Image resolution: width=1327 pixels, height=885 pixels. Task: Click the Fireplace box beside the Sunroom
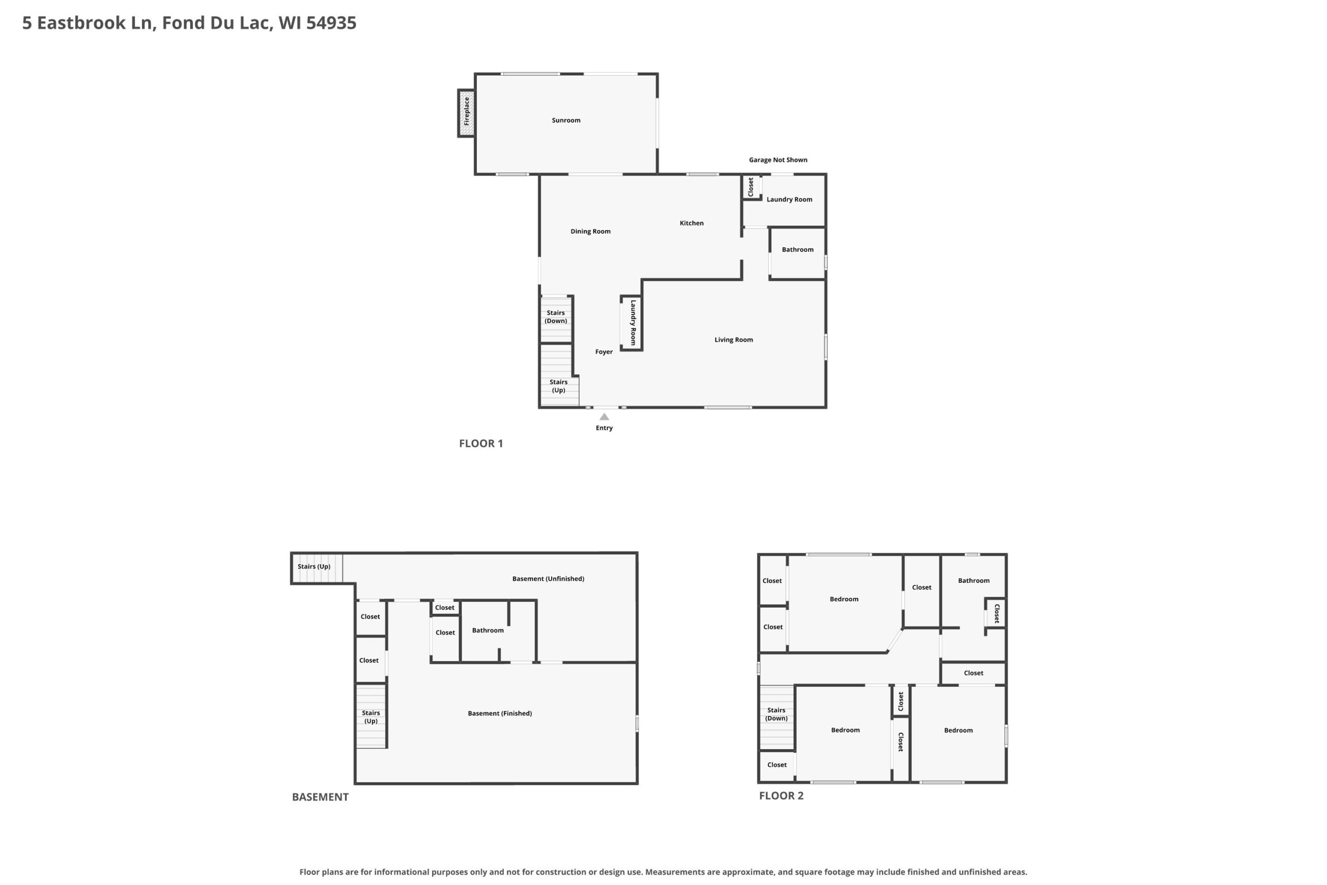coord(466,113)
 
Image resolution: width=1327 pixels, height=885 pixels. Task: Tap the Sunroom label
coord(566,120)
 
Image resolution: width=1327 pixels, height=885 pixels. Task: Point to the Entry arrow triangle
coord(604,416)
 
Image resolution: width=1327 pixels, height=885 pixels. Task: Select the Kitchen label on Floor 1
coord(691,223)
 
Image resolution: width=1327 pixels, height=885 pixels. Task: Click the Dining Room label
coord(590,231)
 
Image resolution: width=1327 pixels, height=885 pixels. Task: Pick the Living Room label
coord(733,340)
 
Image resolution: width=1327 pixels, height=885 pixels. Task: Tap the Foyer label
coord(604,352)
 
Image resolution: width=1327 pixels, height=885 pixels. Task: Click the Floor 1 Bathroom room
coord(798,254)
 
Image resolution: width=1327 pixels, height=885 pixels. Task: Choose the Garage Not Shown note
coord(778,160)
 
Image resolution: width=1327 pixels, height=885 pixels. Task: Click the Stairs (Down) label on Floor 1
coord(556,317)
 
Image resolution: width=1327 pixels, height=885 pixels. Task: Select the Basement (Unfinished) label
coord(548,579)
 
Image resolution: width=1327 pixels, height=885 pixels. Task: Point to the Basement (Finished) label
coord(499,713)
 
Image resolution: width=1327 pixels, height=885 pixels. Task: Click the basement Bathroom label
coord(487,630)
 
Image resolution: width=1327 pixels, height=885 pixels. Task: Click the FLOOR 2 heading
coord(781,796)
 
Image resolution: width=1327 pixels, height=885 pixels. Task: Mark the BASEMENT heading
coord(320,797)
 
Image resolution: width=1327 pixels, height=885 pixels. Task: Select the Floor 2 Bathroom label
coord(973,581)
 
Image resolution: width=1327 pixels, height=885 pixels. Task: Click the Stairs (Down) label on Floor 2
coord(777,714)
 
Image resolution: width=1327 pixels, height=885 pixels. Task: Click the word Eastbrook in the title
coord(81,23)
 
